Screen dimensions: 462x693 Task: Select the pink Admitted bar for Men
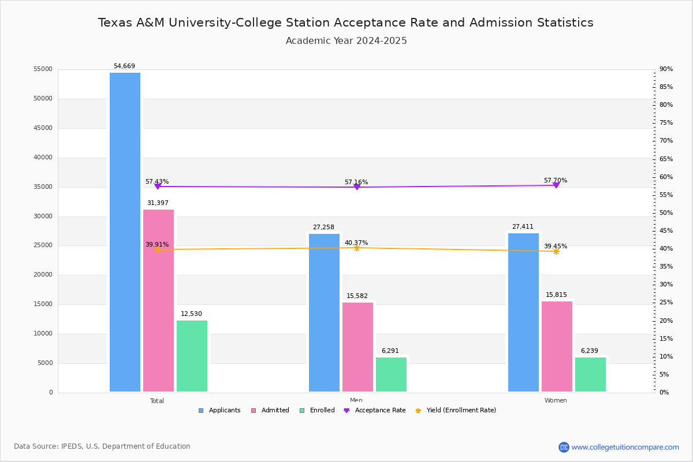tap(357, 347)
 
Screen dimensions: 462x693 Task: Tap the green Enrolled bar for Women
tap(590, 374)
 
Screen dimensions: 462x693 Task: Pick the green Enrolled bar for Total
tap(192, 356)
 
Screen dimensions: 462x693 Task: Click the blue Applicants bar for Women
tap(523, 312)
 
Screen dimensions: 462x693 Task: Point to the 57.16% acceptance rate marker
tap(357, 187)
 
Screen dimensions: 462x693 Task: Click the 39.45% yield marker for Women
tap(556, 251)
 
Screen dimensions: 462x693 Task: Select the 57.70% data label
tap(556, 180)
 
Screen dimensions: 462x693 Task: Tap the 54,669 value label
tap(124, 66)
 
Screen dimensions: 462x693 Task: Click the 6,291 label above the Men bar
tap(390, 351)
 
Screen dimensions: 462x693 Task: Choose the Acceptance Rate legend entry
tap(375, 411)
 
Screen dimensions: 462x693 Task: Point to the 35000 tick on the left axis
tap(43, 187)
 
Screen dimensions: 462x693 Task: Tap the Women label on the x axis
tap(556, 401)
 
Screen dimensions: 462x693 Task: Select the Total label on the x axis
tap(157, 401)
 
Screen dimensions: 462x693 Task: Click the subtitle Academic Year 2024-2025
tap(346, 41)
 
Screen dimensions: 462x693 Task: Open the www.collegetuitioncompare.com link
tap(625, 447)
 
